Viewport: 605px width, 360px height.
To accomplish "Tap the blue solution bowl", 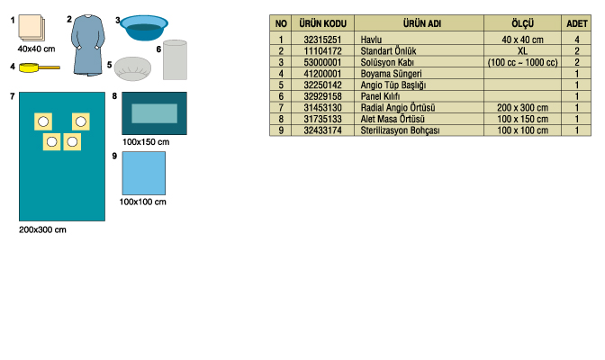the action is [144, 27].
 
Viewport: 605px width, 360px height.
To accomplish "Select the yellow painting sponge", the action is [40, 67].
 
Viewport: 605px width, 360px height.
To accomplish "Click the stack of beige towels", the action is [32, 28].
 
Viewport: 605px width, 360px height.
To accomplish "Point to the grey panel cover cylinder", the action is [176, 59].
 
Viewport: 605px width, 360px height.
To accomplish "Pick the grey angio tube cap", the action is [132, 68].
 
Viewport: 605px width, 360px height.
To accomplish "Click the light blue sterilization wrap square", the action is [144, 173].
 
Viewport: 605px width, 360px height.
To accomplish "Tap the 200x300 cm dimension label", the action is [42, 230].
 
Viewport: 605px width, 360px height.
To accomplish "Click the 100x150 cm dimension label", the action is [146, 142].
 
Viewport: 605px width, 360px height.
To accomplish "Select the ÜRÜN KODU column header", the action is [323, 23].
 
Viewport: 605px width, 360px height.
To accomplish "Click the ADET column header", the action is [577, 24].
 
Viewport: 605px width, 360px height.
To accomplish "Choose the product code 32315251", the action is [322, 40].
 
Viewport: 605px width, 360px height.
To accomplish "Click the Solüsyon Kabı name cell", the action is [387, 62].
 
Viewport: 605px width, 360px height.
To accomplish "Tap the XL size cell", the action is [522, 51].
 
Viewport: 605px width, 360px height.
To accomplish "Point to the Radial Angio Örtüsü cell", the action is [398, 108].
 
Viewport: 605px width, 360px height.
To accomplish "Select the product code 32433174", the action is [322, 130].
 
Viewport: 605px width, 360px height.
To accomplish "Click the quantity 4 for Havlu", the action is [577, 40].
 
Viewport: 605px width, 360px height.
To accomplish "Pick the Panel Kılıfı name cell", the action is [380, 96].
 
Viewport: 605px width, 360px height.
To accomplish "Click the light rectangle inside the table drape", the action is [154, 113].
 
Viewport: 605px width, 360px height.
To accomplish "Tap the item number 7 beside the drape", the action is [13, 96].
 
